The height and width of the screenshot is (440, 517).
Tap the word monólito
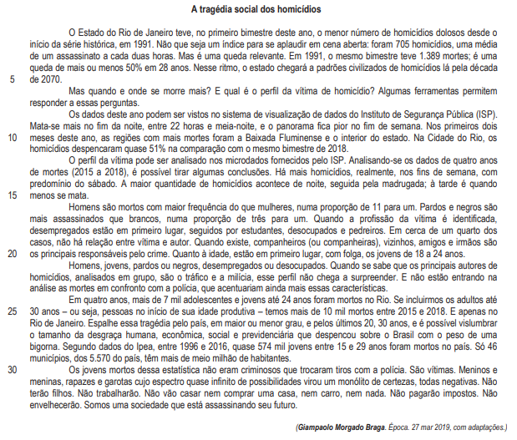click(x=367, y=380)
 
